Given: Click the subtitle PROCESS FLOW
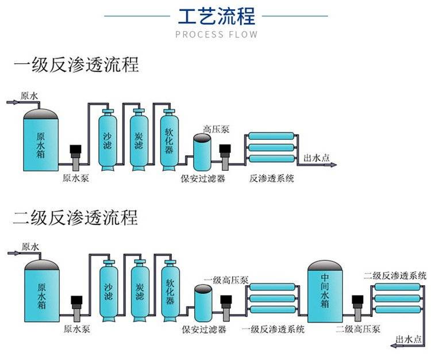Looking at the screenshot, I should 216,35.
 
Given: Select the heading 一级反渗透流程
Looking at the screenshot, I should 76,64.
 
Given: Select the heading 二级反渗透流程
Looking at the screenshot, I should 76,218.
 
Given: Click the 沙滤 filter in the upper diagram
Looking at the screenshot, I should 107,140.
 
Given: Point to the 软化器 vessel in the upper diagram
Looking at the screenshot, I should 169,140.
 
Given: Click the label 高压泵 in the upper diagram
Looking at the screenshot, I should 216,130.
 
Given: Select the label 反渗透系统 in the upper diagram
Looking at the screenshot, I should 272,178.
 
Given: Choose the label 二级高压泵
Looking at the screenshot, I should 358,330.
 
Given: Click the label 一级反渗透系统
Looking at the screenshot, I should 273,330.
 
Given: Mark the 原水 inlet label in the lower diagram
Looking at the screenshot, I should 30,247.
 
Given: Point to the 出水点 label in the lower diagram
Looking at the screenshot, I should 410,339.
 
